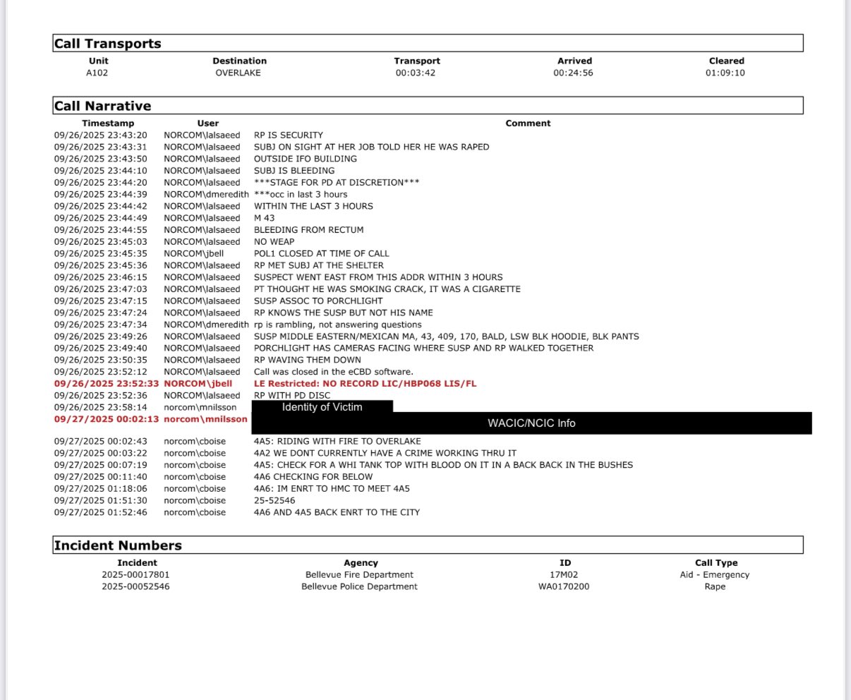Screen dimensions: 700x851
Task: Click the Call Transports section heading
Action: point(108,44)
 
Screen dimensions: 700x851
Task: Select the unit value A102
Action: point(97,73)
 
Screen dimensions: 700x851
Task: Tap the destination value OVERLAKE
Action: point(239,73)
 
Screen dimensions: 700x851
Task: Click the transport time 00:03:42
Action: point(416,73)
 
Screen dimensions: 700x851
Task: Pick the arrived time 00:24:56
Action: point(574,73)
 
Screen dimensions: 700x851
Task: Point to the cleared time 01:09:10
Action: point(725,73)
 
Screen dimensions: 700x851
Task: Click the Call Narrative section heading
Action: point(103,106)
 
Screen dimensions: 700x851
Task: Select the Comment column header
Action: point(528,123)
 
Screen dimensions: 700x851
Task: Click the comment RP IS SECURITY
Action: point(289,135)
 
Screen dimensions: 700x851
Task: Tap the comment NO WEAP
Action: point(274,241)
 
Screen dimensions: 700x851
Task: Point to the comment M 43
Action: point(265,218)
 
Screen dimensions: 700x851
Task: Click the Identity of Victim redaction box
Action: point(322,407)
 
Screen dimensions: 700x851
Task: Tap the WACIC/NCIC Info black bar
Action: point(531,423)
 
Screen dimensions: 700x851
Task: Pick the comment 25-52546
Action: point(274,500)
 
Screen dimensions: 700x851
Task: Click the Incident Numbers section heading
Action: point(118,545)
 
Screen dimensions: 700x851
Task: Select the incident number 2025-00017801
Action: point(136,574)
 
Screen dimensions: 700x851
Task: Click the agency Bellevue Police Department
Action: point(359,586)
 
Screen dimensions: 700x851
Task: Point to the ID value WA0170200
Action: point(564,586)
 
